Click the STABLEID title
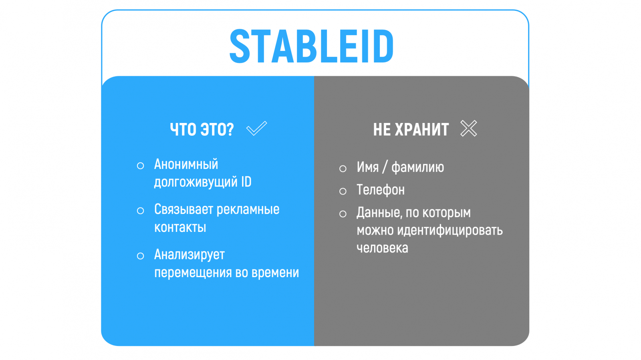click(312, 46)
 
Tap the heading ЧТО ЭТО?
click(202, 129)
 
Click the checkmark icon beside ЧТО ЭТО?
click(257, 128)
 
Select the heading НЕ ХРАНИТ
click(411, 129)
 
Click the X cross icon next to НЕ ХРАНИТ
click(469, 128)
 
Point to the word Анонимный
click(186, 165)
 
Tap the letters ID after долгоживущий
click(246, 182)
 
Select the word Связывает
click(184, 209)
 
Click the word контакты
click(180, 227)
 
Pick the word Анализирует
click(189, 255)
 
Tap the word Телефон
click(381, 190)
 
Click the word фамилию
click(417, 167)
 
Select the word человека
click(382, 248)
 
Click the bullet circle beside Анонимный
click(140, 165)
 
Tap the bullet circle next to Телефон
click(343, 191)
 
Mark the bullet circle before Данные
click(343, 214)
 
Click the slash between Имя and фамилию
click(385, 167)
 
